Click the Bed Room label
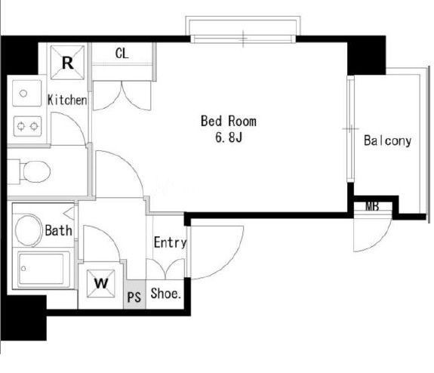(x=229, y=122)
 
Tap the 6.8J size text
(x=229, y=137)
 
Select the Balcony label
(x=387, y=140)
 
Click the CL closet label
(x=122, y=53)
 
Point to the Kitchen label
(x=67, y=100)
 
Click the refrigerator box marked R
(x=67, y=63)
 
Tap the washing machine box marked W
(x=100, y=284)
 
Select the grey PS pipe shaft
(x=134, y=294)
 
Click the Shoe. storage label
(x=166, y=293)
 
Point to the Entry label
(x=171, y=242)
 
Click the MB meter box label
(x=372, y=206)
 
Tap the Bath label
(x=59, y=230)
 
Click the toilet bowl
(x=36, y=171)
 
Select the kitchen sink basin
(x=26, y=93)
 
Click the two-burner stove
(x=27, y=126)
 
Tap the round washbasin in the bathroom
(x=28, y=230)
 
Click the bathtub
(x=44, y=269)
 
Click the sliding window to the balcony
(x=351, y=129)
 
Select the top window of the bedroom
(x=243, y=39)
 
